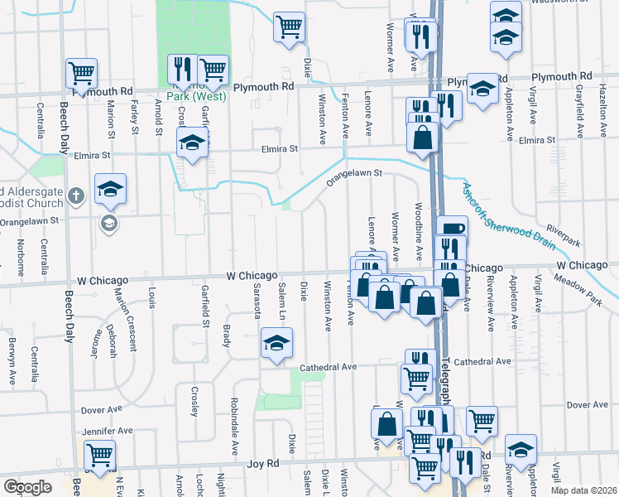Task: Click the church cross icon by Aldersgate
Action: [76, 196]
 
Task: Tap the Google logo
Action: [27, 487]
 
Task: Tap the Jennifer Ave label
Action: [108, 432]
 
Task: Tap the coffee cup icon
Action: [453, 229]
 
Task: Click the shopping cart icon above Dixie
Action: [290, 27]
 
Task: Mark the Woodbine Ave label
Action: [420, 224]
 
